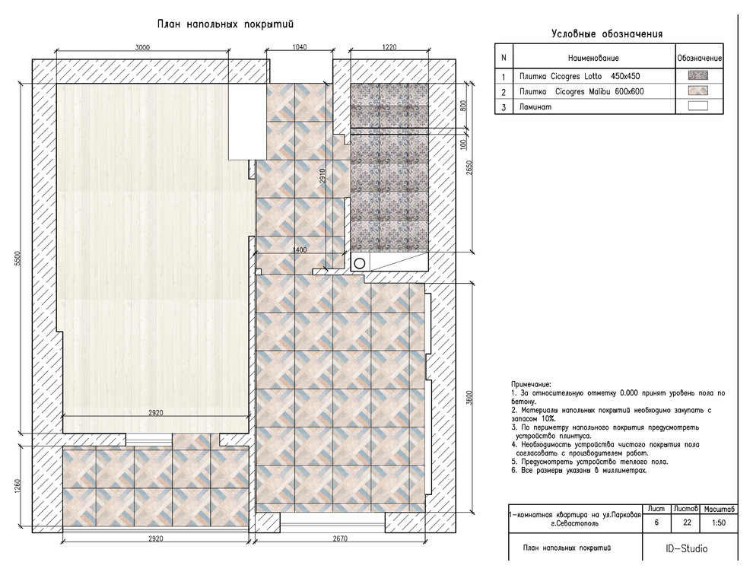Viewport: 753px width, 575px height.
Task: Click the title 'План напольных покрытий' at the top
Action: pyautogui.click(x=225, y=24)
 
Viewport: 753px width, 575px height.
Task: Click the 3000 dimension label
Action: pyautogui.click(x=142, y=47)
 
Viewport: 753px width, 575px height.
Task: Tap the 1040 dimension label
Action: pyautogui.click(x=299, y=47)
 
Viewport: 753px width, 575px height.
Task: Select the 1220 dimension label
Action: pyautogui.click(x=389, y=47)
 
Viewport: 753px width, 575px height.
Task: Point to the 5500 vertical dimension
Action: pyautogui.click(x=18, y=259)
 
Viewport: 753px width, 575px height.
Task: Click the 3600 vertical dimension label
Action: pyautogui.click(x=469, y=398)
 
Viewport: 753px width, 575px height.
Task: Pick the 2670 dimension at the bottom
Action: pyautogui.click(x=340, y=538)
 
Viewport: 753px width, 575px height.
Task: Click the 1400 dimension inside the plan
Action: pyautogui.click(x=300, y=249)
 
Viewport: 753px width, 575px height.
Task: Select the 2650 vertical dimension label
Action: pyautogui.click(x=469, y=167)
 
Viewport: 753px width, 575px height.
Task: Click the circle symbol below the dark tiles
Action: pyautogui.click(x=360, y=262)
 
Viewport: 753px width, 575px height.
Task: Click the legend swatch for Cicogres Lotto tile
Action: pyautogui.click(x=697, y=75)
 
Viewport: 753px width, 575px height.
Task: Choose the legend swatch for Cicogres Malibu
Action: pyautogui.click(x=697, y=91)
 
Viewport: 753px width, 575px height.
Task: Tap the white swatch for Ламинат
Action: pyautogui.click(x=697, y=106)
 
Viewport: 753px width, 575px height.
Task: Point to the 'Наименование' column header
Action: pyautogui.click(x=593, y=58)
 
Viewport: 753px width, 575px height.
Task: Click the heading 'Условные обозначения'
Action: pyautogui.click(x=607, y=34)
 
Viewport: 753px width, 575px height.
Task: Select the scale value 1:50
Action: pyautogui.click(x=719, y=523)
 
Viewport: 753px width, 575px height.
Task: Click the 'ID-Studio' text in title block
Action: pyautogui.click(x=686, y=548)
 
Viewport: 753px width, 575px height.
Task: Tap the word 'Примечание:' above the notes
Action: pyautogui.click(x=531, y=385)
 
